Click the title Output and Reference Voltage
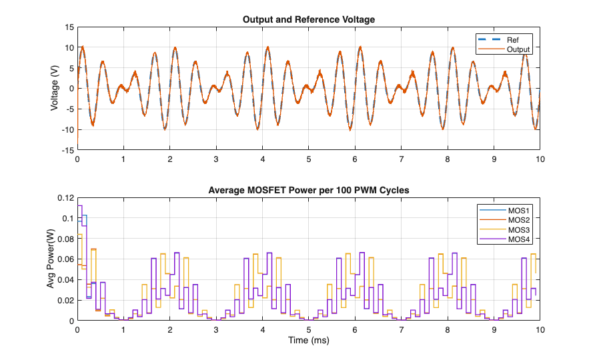pyautogui.click(x=308, y=19)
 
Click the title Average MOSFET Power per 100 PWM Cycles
pyautogui.click(x=308, y=191)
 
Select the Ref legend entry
pyautogui.click(x=513, y=39)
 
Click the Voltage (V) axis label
pyautogui.click(x=55, y=89)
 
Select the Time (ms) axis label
pyautogui.click(x=308, y=341)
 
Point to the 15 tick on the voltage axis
pyautogui.click(x=69, y=27)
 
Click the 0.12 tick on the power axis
pyautogui.click(x=66, y=198)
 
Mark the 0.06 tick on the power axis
pyautogui.click(x=66, y=259)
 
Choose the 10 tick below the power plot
pyautogui.click(x=540, y=330)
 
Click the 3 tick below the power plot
pyautogui.click(x=216, y=330)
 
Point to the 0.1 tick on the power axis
pyautogui.click(x=68, y=219)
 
